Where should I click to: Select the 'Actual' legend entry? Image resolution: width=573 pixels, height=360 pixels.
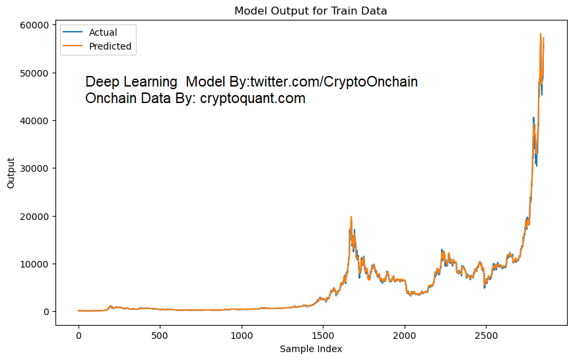coord(103,32)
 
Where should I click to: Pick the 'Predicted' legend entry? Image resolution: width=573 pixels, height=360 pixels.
coord(110,46)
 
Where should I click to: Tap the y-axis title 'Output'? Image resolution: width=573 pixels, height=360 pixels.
coord(11,173)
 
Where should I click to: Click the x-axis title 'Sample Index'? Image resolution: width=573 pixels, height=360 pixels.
coord(311,348)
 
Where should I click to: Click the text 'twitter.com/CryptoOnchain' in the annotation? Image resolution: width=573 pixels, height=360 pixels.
coord(333,82)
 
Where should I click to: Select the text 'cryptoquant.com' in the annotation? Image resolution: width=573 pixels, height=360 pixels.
coord(253,99)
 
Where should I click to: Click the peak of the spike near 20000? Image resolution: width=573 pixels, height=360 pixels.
coord(351,217)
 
